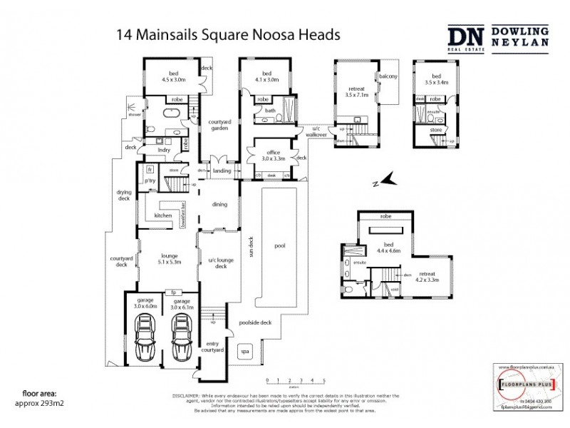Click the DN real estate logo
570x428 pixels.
pos(465,37)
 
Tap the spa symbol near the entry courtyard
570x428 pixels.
pos(244,352)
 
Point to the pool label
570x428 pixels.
pos(279,245)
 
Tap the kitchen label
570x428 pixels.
pos(164,215)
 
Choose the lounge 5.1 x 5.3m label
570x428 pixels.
pos(168,259)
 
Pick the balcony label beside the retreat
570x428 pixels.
pos(388,76)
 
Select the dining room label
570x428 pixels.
pos(219,205)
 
